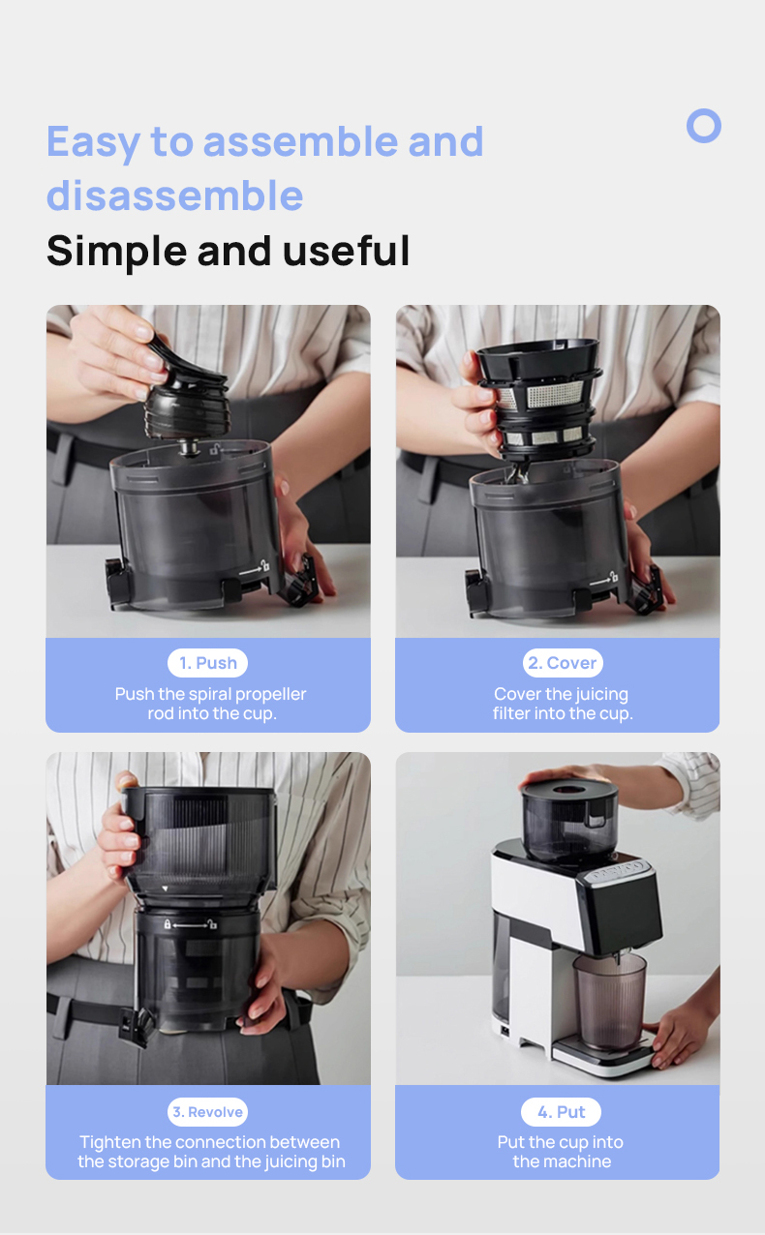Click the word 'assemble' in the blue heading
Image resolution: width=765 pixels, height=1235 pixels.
pos(300,141)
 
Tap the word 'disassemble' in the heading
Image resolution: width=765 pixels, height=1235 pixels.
pos(175,196)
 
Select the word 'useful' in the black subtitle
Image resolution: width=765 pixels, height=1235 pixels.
pos(346,251)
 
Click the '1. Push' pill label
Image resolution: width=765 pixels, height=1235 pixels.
pos(208,663)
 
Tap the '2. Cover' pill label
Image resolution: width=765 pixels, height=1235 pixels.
pos(563,663)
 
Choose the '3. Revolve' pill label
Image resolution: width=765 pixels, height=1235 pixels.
pos(207,1112)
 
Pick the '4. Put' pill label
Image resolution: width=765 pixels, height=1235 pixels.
pos(562,1112)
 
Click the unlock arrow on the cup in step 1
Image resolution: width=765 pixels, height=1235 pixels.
pos(255,568)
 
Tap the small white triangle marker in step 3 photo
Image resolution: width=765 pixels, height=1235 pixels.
pos(165,889)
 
